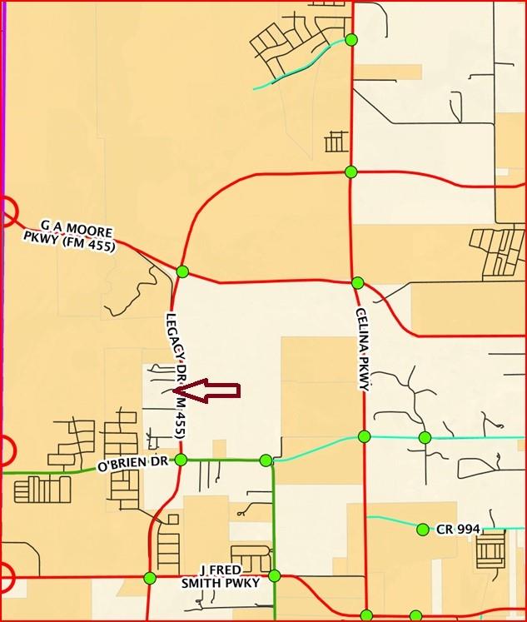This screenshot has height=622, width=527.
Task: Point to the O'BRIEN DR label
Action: [133, 462]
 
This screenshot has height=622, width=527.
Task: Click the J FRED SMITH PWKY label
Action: [221, 576]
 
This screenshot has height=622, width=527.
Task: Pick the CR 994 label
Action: [455, 529]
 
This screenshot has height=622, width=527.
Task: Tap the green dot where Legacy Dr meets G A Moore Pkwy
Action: [182, 271]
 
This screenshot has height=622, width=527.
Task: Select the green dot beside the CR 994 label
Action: [423, 529]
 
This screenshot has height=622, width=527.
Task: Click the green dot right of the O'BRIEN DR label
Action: [181, 460]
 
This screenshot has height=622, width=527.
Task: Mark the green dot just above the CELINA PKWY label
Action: [357, 283]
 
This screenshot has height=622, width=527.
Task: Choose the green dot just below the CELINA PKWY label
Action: [364, 436]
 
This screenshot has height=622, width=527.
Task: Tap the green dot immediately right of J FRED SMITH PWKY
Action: [274, 575]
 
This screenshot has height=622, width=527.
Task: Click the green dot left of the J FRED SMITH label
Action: [150, 578]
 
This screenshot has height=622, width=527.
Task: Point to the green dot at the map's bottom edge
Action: [367, 616]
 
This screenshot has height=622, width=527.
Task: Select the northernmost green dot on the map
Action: [351, 40]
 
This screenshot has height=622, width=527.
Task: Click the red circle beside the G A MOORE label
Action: [7, 211]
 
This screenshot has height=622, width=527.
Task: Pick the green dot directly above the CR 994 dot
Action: [425, 437]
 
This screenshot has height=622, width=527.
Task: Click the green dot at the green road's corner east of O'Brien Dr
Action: [266, 460]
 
